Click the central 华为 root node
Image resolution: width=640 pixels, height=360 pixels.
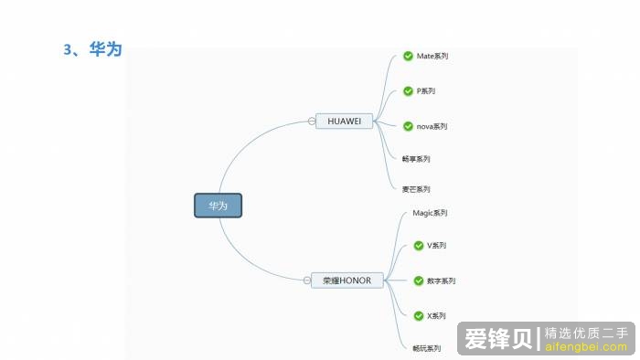[x=218, y=206]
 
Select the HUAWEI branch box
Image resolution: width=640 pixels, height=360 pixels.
[x=345, y=121]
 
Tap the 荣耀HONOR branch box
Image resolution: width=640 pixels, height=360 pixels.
[x=347, y=281]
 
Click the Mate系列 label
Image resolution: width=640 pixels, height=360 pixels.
[x=432, y=57]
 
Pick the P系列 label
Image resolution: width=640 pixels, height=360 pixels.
[x=426, y=91]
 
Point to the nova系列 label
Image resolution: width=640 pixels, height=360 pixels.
[x=432, y=126]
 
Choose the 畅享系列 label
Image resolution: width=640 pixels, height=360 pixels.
[x=416, y=159]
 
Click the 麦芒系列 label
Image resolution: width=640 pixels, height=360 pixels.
[x=416, y=189]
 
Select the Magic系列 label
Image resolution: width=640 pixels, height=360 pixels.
[x=430, y=213]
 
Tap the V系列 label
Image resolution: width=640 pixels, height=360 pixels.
[x=436, y=246]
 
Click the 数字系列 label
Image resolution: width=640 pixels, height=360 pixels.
[x=441, y=281]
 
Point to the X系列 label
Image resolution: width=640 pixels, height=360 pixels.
[x=436, y=315]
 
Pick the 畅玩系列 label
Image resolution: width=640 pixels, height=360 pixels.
[x=427, y=348]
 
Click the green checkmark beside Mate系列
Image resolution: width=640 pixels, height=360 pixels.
[x=408, y=57]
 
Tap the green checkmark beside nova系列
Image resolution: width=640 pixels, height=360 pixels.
[x=408, y=126]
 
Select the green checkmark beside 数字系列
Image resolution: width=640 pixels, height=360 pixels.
[x=419, y=281]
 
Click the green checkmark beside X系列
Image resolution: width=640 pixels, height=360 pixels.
[x=419, y=315]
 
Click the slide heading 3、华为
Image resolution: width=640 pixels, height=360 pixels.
[x=92, y=49]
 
